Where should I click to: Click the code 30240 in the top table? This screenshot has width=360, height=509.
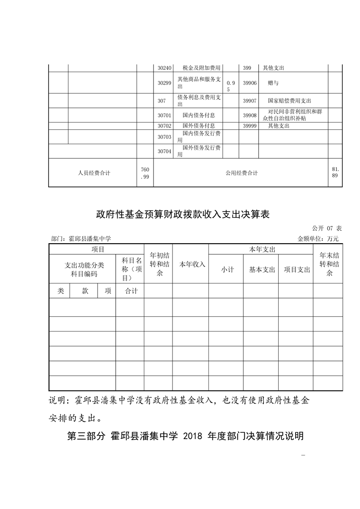tap(164, 68)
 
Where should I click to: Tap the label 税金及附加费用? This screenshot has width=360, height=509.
tap(201, 68)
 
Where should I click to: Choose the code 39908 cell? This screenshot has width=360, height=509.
tap(250, 115)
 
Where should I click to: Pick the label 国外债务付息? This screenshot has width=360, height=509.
tap(198, 126)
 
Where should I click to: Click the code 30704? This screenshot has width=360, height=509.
tap(164, 151)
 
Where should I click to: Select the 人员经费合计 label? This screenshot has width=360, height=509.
tap(94, 173)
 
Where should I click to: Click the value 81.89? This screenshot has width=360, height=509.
tap(335, 172)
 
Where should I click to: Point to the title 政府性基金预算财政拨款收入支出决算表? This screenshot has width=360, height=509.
tap(183, 215)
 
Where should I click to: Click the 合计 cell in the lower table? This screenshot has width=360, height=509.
tap(131, 291)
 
